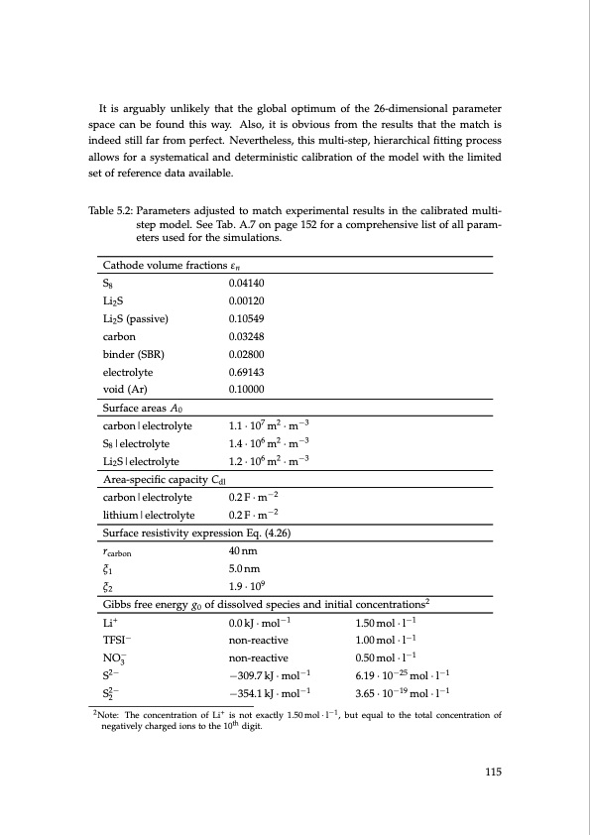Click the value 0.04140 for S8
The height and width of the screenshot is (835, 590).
(248, 283)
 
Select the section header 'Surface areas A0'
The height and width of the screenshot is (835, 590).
(142, 408)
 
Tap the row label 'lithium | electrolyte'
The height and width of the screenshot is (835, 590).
(148, 516)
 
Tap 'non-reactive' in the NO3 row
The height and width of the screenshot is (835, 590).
(258, 657)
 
